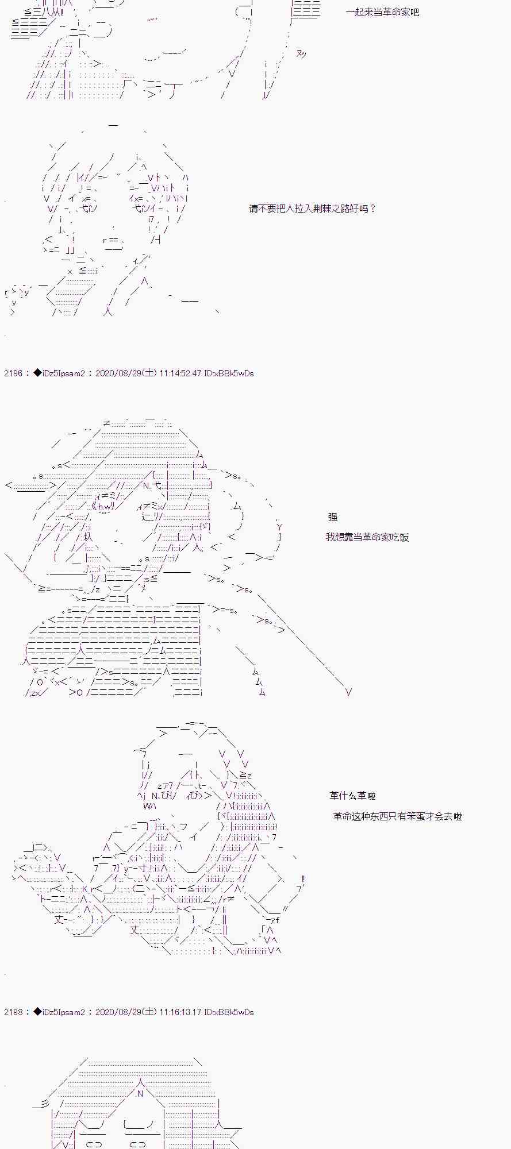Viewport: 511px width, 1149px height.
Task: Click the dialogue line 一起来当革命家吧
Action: click(382, 12)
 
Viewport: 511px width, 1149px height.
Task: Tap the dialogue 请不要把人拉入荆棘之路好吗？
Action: click(312, 209)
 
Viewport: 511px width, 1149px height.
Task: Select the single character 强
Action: click(333, 517)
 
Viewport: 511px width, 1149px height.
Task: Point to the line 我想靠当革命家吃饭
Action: click(367, 538)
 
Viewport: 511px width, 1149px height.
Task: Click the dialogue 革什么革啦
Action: click(352, 796)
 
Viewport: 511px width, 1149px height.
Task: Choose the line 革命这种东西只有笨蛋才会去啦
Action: click(397, 816)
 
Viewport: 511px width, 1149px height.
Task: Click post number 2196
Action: click(13, 373)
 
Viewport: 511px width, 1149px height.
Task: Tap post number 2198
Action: click(13, 1012)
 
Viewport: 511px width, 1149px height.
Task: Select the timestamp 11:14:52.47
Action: click(180, 373)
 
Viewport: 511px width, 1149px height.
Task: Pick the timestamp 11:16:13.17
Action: click(180, 1012)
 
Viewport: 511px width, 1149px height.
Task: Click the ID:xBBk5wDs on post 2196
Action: click(229, 373)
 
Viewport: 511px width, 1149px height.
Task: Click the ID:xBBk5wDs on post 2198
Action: click(229, 1012)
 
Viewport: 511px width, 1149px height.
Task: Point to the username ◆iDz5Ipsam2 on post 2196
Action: click(59, 373)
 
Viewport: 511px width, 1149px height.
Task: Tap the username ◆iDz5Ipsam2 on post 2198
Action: click(59, 1012)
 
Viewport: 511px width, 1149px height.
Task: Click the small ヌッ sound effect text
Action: click(301, 54)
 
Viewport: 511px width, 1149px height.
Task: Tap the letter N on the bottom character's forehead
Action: click(139, 1094)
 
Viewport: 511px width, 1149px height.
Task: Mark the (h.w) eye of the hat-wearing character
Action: click(105, 506)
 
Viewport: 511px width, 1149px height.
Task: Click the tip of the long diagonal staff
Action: click(348, 692)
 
